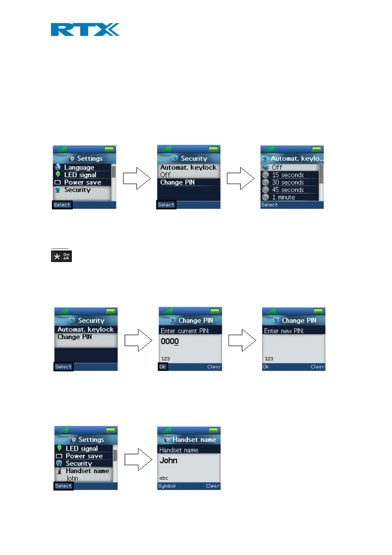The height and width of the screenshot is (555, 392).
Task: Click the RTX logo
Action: click(x=85, y=30)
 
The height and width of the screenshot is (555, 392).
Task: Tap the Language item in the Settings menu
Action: click(x=79, y=167)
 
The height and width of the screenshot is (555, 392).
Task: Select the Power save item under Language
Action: click(x=82, y=182)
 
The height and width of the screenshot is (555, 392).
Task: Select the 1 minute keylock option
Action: click(x=283, y=197)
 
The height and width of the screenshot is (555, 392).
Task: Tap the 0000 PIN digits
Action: click(x=170, y=341)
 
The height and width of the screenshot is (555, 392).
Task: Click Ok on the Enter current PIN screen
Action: click(x=163, y=367)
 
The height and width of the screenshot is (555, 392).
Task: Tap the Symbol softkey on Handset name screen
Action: click(x=167, y=486)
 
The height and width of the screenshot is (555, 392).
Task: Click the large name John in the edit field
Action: click(x=169, y=460)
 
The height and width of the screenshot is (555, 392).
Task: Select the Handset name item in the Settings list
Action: click(x=87, y=471)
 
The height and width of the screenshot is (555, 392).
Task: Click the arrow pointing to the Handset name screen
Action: click(x=138, y=459)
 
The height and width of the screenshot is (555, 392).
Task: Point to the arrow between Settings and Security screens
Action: click(x=137, y=178)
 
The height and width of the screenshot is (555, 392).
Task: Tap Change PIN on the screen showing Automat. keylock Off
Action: click(x=177, y=182)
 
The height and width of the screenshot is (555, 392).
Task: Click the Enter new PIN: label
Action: click(x=284, y=331)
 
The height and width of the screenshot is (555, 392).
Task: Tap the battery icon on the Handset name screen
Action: click(x=214, y=430)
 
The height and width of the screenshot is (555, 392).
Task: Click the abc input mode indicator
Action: click(x=164, y=478)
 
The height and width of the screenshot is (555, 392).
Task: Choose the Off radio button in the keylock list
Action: click(x=266, y=167)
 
